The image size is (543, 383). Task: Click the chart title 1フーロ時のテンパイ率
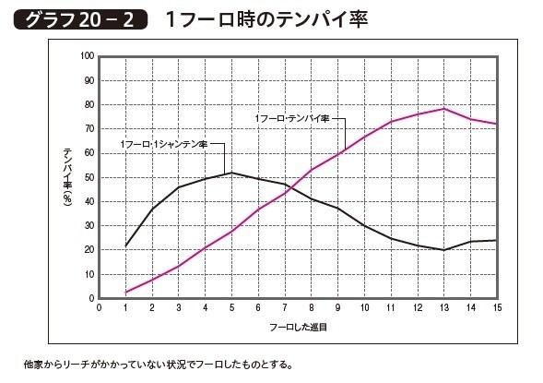coord(267,19)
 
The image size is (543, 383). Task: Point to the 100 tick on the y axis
coord(89,55)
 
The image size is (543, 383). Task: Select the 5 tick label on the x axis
coord(232,309)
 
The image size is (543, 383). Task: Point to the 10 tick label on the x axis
coord(365,309)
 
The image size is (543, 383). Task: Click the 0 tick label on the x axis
coord(100,309)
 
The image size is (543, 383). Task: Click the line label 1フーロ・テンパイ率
coord(290,119)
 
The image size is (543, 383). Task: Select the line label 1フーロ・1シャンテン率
coord(163,145)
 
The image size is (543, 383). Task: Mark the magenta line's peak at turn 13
coord(445,109)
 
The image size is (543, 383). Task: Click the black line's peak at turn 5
coord(232,173)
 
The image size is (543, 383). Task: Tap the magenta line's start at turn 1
coord(126,293)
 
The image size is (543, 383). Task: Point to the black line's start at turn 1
coord(126,245)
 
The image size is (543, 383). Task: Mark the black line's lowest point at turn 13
coord(445,250)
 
